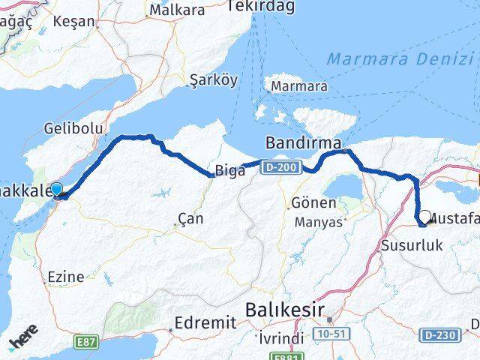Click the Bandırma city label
click(304, 142)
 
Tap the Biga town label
click(230, 171)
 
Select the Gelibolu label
click(73, 128)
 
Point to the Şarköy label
click(213, 79)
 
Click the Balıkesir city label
click(285, 310)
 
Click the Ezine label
click(65, 276)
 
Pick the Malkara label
click(177, 10)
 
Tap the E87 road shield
click(86, 342)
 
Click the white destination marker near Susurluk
click(424, 217)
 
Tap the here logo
click(23, 339)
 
